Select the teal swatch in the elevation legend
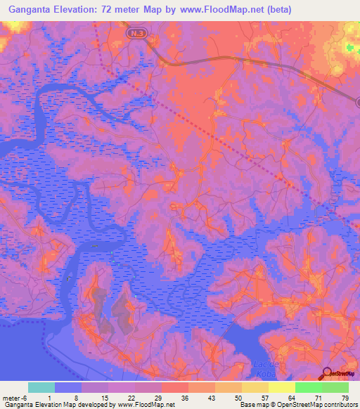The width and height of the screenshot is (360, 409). point(41,387)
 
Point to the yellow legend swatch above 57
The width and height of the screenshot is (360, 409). point(255,387)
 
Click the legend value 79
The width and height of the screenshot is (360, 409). point(345,397)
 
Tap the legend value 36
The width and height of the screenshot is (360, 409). point(185,397)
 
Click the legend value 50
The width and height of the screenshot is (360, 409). point(238,397)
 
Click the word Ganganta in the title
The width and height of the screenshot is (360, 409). point(26,11)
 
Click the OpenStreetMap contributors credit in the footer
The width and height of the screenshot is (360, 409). point(313,405)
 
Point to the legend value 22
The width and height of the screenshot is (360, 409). point(131,397)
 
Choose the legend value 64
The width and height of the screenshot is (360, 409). point(292,397)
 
